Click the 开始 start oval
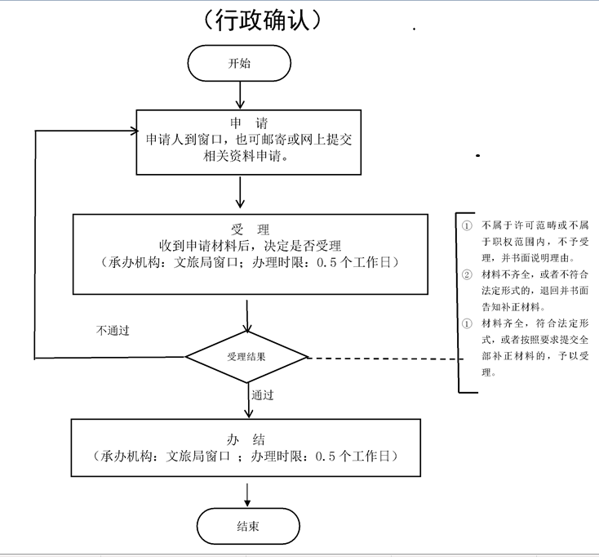[239, 65]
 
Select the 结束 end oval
[248, 527]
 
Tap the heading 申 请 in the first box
[249, 123]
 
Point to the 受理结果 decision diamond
[250, 357]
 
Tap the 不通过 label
[112, 331]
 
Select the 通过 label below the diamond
[263, 394]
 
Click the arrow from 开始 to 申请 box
[239, 96]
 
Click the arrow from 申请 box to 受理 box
[240, 194]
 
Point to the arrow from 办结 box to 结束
[247, 493]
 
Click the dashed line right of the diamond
[384, 358]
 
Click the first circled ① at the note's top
[467, 225]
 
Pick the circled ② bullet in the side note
[467, 274]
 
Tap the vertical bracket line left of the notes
[458, 302]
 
